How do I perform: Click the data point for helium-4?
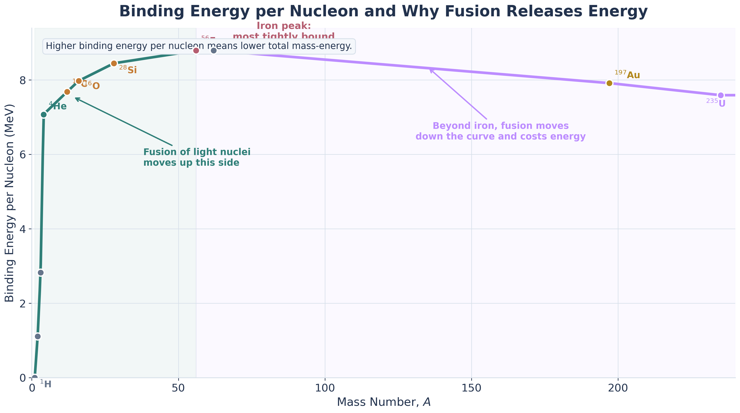coord(44,115)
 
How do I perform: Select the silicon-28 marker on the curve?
coord(114,63)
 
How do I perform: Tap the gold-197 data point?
coord(609,83)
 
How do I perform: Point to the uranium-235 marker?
coord(721,95)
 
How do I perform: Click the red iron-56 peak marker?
coord(196,51)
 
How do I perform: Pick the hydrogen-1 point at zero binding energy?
coord(35,378)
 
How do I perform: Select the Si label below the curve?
coord(132,70)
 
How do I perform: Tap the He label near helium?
coord(60,107)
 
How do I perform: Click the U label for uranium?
coord(722,103)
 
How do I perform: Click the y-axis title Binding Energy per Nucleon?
coord(10,203)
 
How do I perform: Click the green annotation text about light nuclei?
coord(197,157)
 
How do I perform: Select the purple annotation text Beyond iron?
coord(500,131)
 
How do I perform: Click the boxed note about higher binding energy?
coord(199,46)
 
